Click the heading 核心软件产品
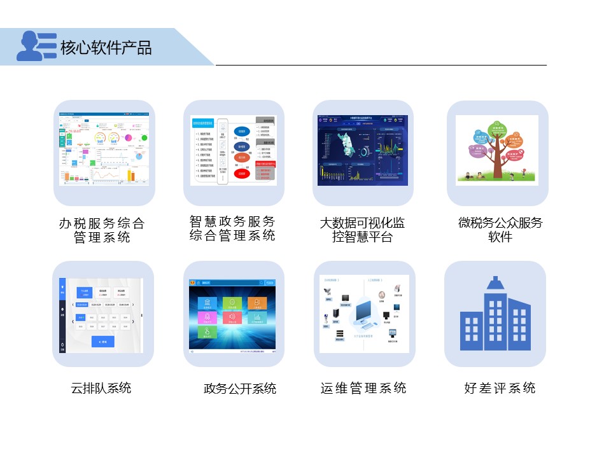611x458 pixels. [106, 48]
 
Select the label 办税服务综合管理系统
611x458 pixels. [102, 230]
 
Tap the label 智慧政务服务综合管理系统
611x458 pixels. [232, 228]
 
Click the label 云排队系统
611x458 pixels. [101, 387]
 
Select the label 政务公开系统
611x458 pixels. [240, 388]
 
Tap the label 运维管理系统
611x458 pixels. [363, 388]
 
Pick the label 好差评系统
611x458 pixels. [500, 388]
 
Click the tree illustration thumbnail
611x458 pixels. [497, 150]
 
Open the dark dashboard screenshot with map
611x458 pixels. [363, 150]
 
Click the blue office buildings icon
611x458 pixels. [495, 314]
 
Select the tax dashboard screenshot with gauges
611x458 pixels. [104, 150]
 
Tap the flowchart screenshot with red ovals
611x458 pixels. [234, 150]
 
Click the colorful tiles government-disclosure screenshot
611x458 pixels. [233, 314]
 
